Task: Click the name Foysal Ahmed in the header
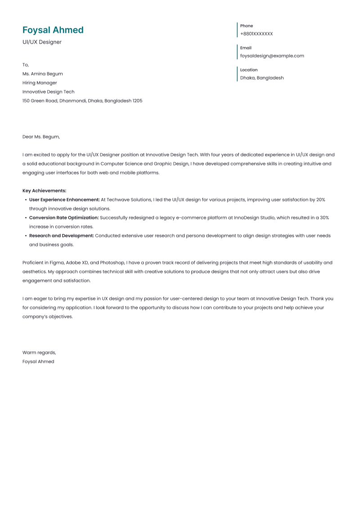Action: click(53, 30)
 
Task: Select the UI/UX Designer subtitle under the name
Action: click(42, 42)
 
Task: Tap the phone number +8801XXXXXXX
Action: click(256, 34)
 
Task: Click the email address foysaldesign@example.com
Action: click(272, 56)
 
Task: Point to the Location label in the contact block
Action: click(249, 70)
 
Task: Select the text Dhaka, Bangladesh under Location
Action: click(262, 78)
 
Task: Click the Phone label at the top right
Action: click(247, 26)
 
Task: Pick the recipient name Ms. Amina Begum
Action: click(43, 74)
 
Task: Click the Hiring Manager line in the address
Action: click(40, 83)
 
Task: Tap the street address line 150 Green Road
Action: click(82, 101)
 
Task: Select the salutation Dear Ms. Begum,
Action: click(41, 137)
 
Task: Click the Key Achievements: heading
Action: click(44, 191)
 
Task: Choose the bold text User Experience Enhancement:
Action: click(64, 200)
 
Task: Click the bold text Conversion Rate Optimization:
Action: click(64, 218)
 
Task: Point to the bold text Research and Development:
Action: click(62, 236)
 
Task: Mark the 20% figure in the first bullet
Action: click(320, 200)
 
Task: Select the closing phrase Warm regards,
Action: click(39, 353)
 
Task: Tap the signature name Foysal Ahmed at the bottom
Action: click(38, 362)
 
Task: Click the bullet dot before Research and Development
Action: click(25, 236)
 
